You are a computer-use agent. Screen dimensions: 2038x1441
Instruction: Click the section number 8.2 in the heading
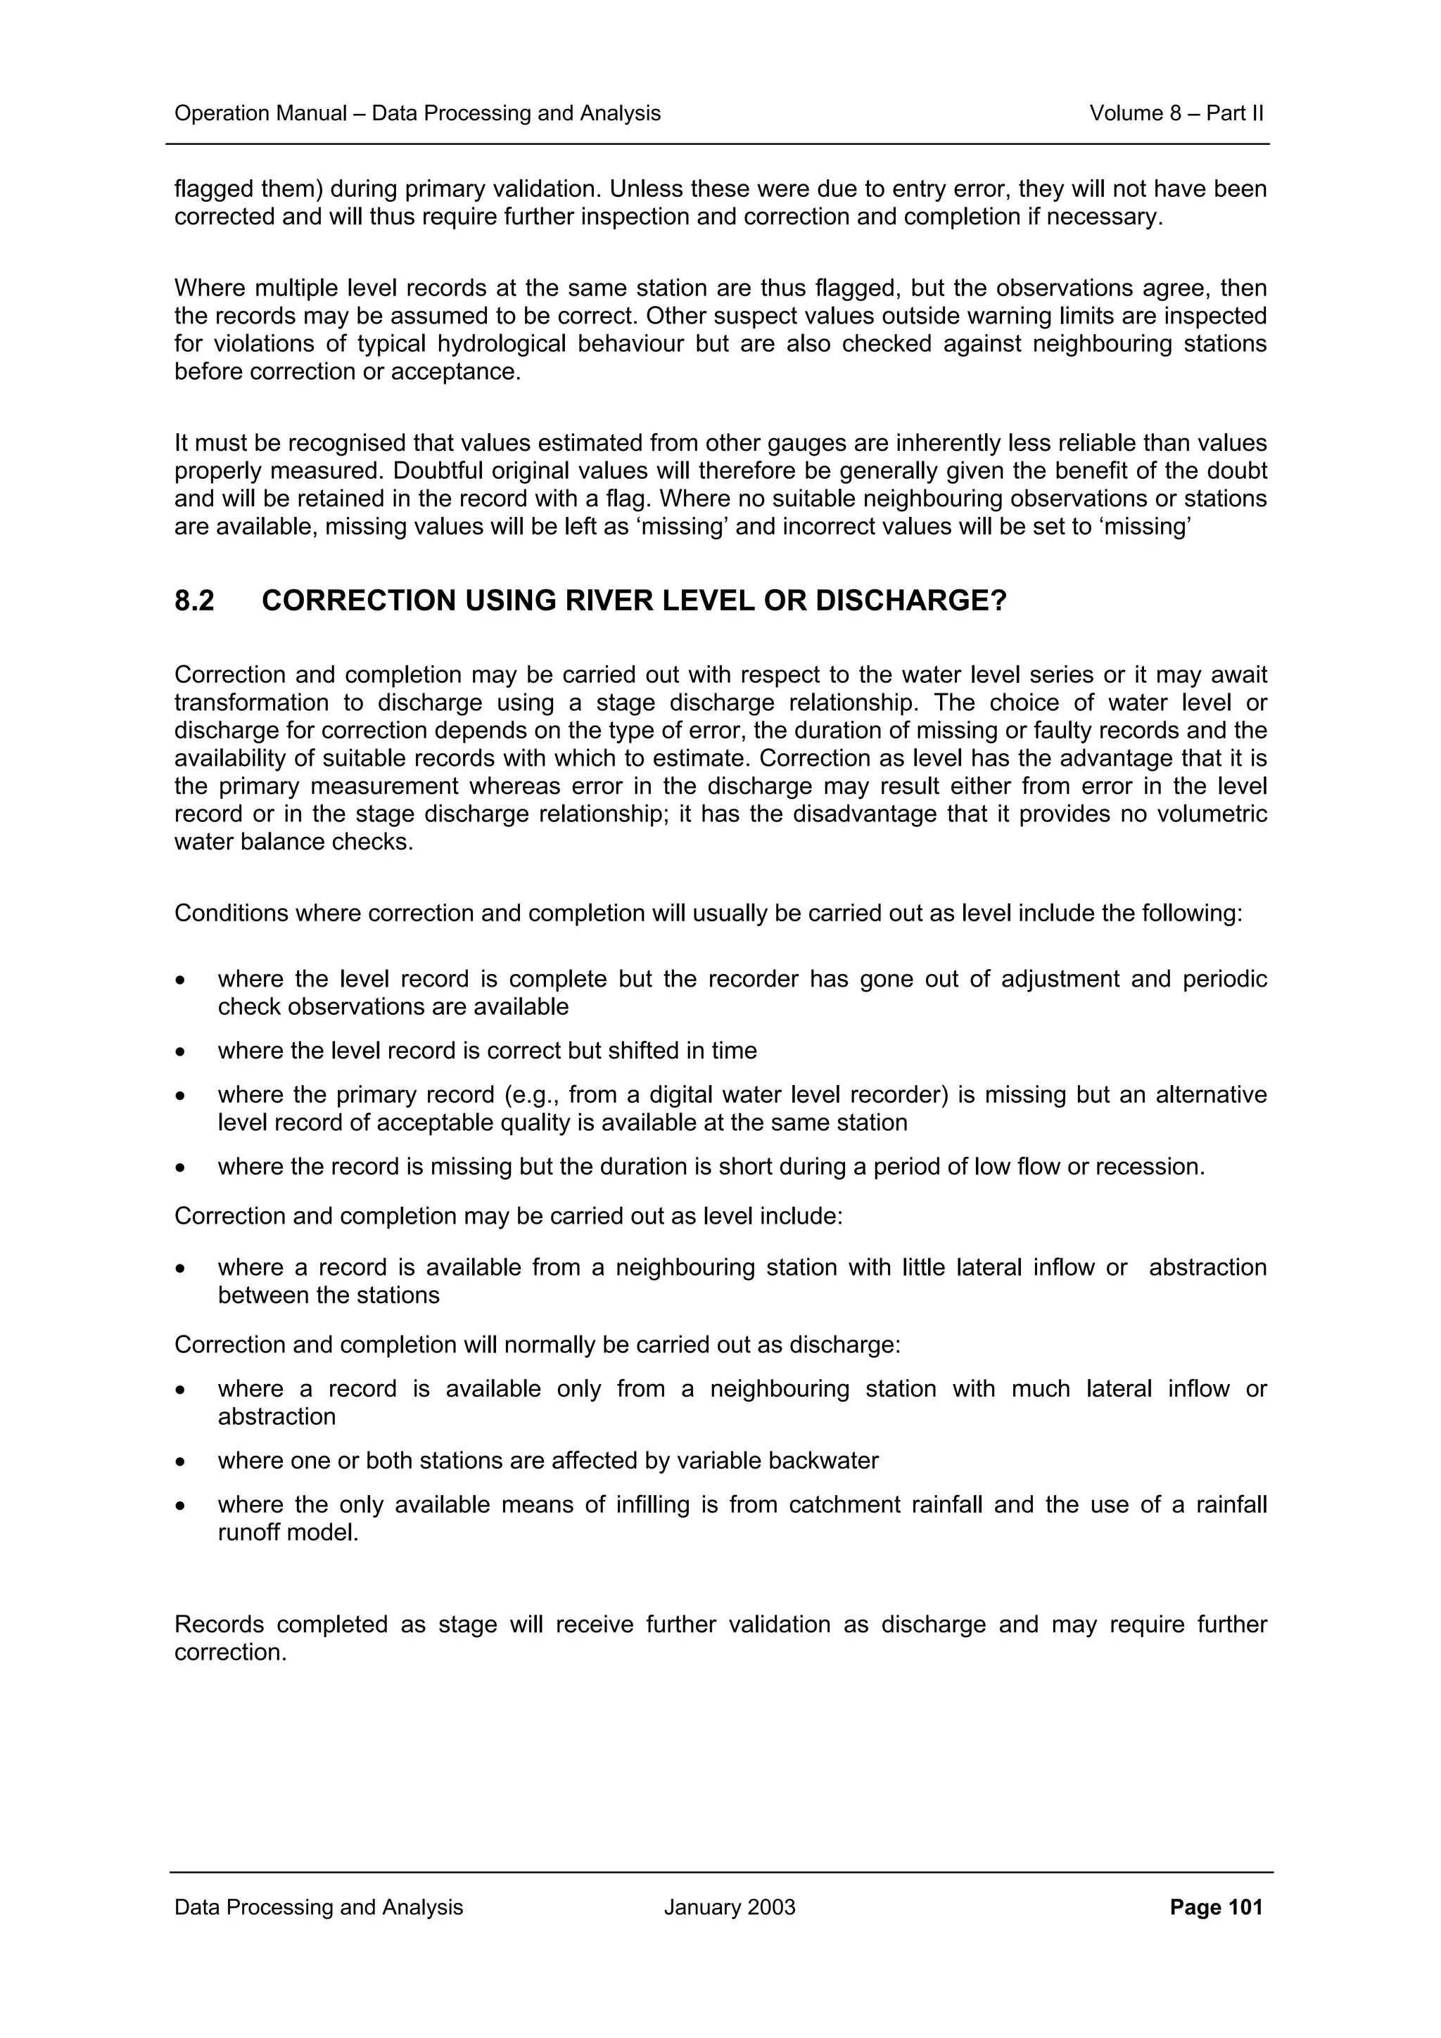click(x=193, y=601)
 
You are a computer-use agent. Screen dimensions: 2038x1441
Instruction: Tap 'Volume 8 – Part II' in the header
click(x=1176, y=114)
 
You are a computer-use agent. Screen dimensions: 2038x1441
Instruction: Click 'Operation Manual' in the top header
click(x=260, y=114)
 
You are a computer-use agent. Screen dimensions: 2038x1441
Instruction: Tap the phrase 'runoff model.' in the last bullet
click(x=288, y=1533)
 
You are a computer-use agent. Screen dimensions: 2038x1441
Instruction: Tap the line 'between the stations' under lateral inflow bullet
click(x=329, y=1295)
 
